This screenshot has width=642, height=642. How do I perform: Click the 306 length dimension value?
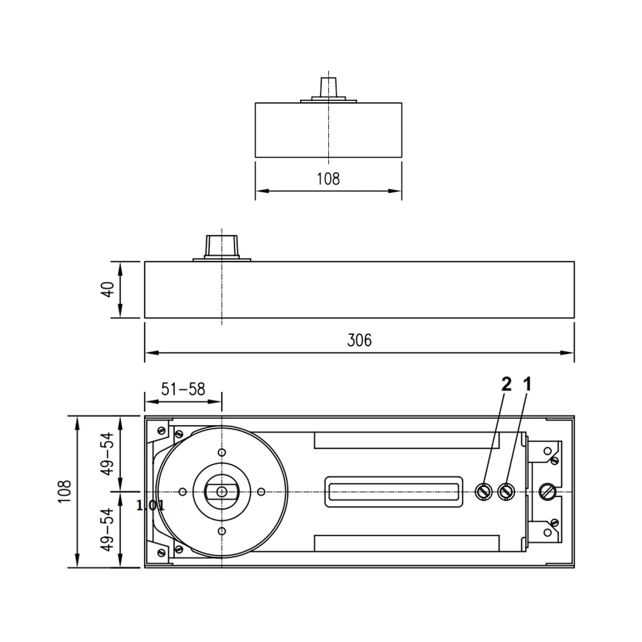tap(359, 340)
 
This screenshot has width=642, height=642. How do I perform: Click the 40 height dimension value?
tap(109, 289)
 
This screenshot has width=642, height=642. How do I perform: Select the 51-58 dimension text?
tap(183, 389)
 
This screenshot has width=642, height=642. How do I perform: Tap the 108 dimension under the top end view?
tap(328, 179)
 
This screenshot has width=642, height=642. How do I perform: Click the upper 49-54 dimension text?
tap(109, 454)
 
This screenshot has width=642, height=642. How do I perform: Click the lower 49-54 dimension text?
tap(109, 529)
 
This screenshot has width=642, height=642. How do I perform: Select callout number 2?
tap(506, 384)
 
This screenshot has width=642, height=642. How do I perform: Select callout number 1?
tap(527, 384)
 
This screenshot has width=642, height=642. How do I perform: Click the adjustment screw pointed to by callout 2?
tap(483, 491)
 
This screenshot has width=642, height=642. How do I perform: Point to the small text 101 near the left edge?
tap(151, 505)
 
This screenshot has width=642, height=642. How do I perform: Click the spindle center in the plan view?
tap(222, 492)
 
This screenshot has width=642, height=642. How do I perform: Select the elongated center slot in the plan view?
tap(394, 492)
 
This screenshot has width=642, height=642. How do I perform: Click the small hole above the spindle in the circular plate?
tap(222, 452)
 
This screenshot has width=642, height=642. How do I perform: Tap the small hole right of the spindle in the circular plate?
tap(261, 492)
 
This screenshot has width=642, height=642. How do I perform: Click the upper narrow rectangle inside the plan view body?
tap(406, 440)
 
